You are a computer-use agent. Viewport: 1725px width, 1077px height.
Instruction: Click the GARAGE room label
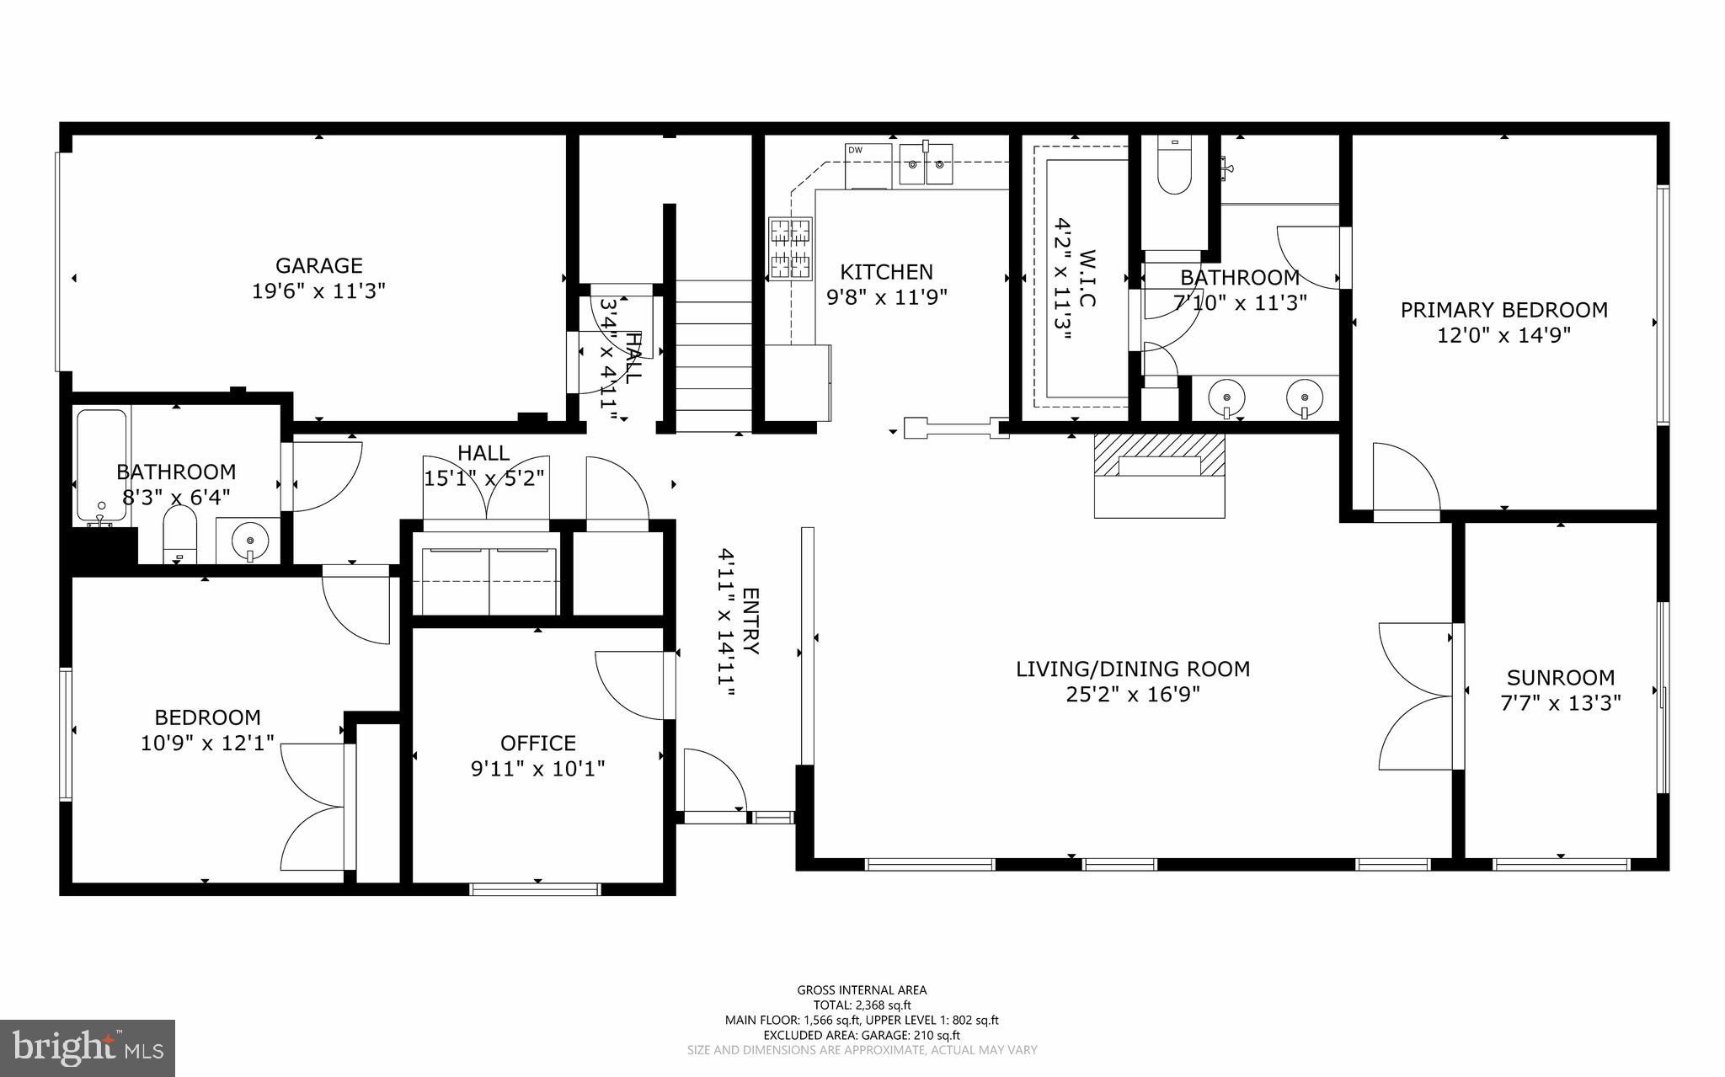coord(319,265)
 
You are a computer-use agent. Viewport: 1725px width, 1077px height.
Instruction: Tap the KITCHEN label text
coord(886,272)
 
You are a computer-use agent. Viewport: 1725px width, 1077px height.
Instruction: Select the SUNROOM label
coord(1561,677)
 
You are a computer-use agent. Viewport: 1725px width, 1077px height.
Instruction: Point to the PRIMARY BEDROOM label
coord(1503,310)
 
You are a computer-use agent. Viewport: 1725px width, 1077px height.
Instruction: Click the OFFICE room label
coord(538,743)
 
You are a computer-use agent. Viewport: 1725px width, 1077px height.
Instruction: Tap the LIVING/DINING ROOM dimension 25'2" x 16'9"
coord(1133,695)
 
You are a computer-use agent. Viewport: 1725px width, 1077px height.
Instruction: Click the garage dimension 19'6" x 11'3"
coord(319,291)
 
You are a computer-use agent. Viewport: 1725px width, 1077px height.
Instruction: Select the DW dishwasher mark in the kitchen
coord(855,151)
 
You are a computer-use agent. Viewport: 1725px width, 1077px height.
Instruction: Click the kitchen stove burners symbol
coord(791,248)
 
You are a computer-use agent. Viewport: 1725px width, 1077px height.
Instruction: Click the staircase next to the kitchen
coord(713,355)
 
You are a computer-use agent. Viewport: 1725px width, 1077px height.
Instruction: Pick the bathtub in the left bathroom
coord(102,466)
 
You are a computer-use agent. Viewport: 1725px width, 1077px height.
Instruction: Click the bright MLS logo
coord(88,1048)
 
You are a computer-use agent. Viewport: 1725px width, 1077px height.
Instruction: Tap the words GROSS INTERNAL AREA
coord(862,990)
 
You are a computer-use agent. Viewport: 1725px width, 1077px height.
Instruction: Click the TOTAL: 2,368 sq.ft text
coord(862,1005)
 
